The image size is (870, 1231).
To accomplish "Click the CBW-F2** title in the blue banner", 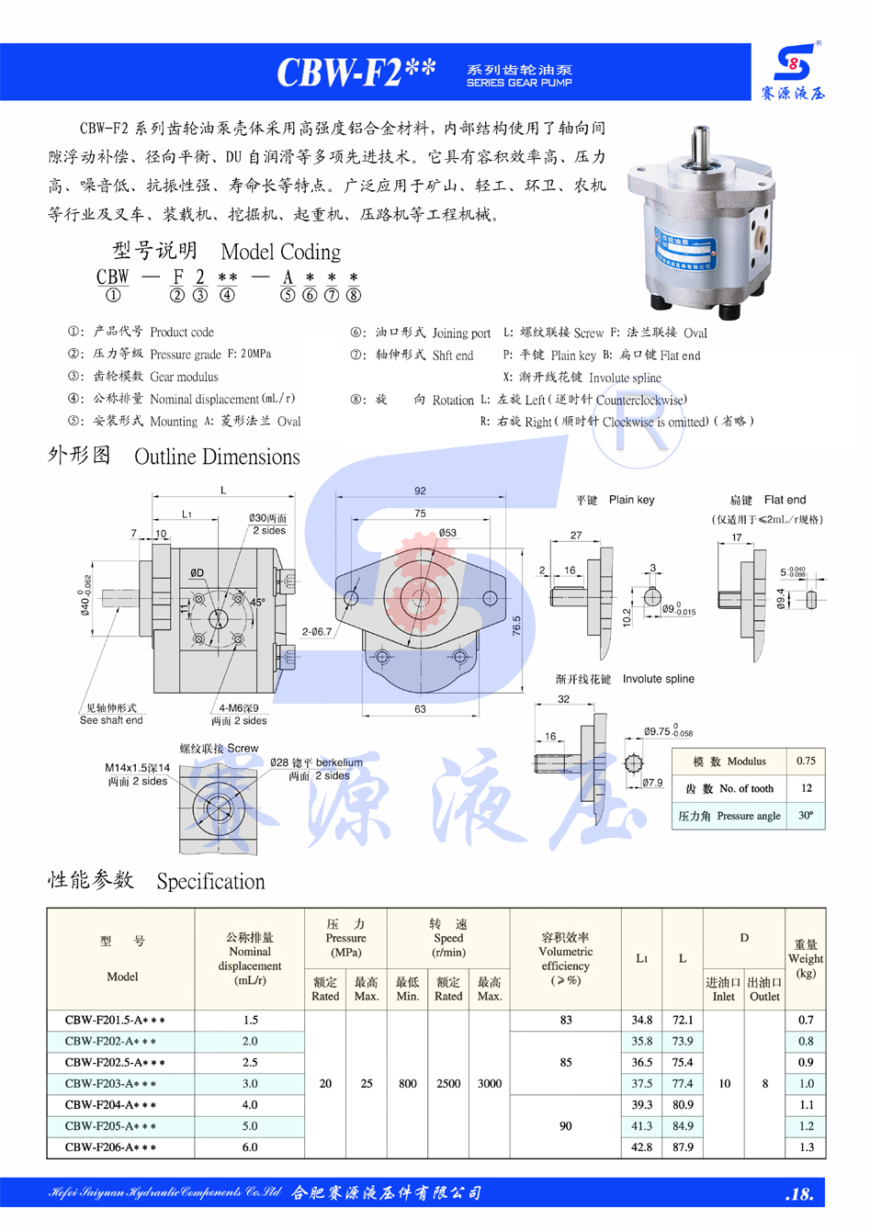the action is (356, 72).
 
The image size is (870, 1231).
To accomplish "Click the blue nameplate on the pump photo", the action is (685, 253).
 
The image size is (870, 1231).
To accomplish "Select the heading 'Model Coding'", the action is (281, 252).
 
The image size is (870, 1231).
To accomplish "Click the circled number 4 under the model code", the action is (227, 295).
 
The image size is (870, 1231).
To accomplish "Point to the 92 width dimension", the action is (420, 491).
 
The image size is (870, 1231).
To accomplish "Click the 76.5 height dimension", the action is (516, 626).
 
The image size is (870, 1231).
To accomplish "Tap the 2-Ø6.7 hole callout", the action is (317, 631).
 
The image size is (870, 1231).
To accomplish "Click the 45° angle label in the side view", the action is (257, 603).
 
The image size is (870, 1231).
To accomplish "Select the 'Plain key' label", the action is (631, 500).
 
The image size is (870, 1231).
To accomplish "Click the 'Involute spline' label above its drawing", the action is (659, 679).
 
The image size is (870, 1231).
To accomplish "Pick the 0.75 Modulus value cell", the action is (806, 761).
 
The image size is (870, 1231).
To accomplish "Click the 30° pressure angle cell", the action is (806, 815).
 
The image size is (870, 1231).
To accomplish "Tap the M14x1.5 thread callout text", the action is (138, 767).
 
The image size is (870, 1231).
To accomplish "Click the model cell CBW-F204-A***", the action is (110, 1104).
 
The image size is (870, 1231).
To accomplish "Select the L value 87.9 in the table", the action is (683, 1146).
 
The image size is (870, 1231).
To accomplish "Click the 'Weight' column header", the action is (806, 958).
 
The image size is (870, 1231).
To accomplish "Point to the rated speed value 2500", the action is (448, 1083).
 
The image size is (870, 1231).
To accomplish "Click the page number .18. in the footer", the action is (799, 1194).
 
